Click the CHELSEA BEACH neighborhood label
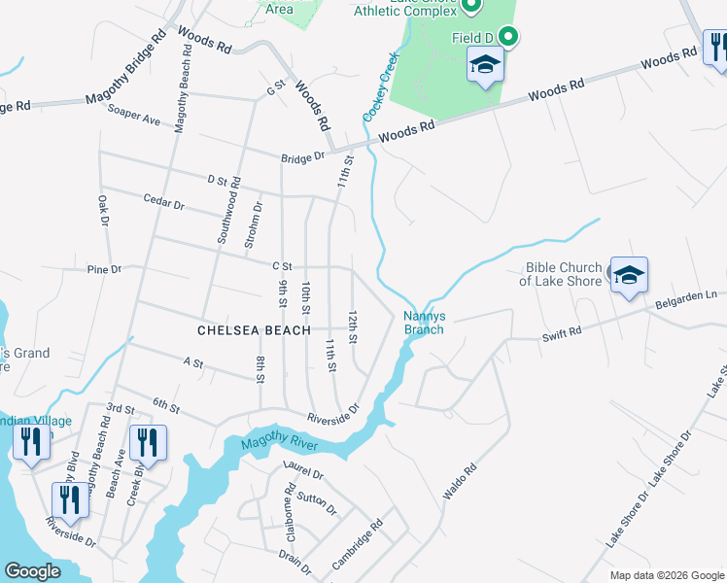pos(254,330)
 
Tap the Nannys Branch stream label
pos(424,323)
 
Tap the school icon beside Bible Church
pos(629,276)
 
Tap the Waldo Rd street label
pos(460,482)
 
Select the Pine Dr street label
pos(103,269)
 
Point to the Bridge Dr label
pos(303,157)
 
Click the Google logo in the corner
pos(32,571)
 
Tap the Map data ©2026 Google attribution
pos(666,575)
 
